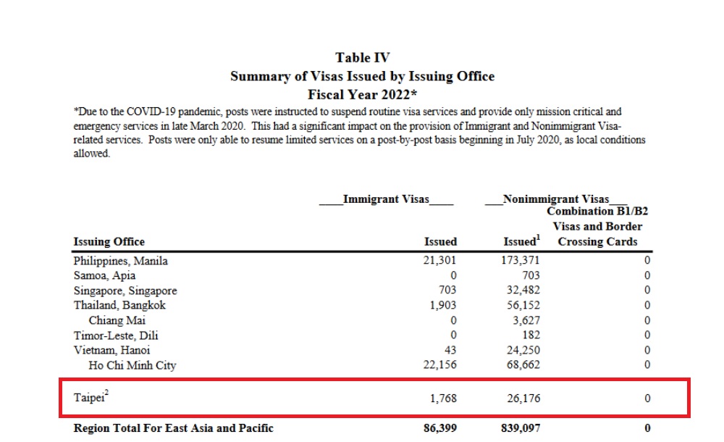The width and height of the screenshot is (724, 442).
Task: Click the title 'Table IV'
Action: click(x=363, y=58)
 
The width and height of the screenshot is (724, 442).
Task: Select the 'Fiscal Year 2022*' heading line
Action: click(x=363, y=95)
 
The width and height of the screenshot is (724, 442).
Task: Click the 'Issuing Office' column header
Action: click(x=109, y=242)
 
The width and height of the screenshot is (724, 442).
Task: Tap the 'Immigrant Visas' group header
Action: click(x=386, y=199)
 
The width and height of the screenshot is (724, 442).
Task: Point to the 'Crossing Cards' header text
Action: click(x=597, y=242)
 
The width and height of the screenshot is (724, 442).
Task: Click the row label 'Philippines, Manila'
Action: click(x=120, y=261)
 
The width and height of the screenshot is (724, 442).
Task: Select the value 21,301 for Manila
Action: click(x=439, y=260)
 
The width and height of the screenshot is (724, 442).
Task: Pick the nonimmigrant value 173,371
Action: click(x=521, y=260)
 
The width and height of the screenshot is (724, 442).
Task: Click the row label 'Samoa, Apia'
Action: click(x=104, y=275)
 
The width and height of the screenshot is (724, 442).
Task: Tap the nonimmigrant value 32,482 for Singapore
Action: click(x=523, y=290)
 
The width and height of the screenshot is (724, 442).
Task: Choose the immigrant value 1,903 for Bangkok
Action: click(x=443, y=305)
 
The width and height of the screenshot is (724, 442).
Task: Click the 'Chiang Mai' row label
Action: click(x=117, y=320)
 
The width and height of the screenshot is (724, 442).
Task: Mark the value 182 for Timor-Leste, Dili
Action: click(x=531, y=335)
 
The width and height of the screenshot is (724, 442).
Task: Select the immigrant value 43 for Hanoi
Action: click(x=450, y=351)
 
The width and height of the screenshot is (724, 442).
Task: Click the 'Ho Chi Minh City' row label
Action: click(x=132, y=365)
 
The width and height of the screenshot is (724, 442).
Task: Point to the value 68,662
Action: click(x=523, y=364)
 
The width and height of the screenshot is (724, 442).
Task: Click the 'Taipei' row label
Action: click(x=89, y=398)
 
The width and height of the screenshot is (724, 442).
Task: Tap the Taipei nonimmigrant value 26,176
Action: click(x=523, y=398)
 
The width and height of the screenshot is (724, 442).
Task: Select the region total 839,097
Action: click(x=521, y=428)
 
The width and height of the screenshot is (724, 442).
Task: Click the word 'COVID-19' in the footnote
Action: click(x=151, y=112)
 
